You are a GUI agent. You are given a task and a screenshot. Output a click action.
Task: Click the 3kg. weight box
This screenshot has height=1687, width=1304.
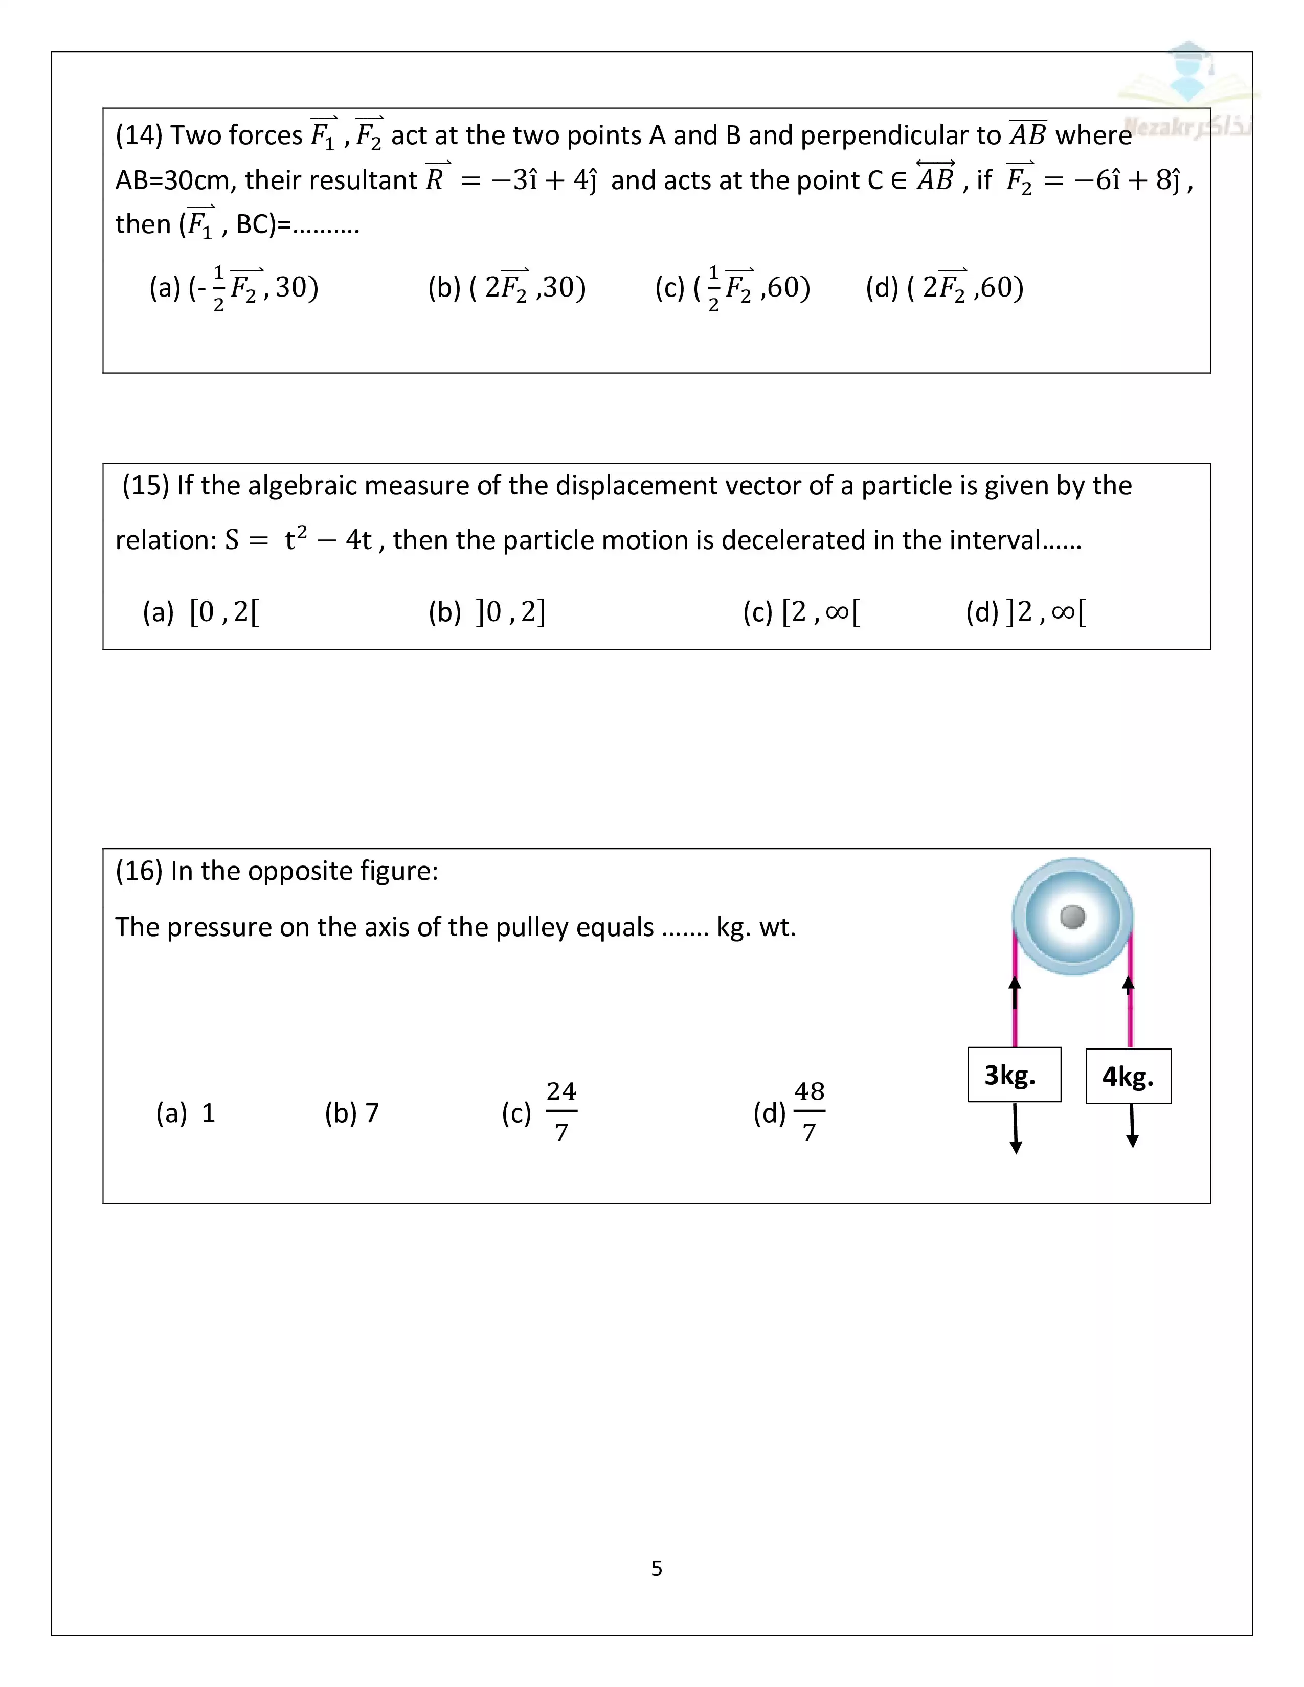click(x=1014, y=1075)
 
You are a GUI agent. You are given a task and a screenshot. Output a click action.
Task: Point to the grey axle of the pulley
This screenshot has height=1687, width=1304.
click(x=1073, y=917)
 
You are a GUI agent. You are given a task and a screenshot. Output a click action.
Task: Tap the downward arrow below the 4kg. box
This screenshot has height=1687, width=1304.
click(x=1132, y=1126)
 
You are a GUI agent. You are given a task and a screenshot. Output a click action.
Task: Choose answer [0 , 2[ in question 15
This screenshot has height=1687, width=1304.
click(x=224, y=612)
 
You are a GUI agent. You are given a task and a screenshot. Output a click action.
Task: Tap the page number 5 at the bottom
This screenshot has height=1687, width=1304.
click(x=657, y=1568)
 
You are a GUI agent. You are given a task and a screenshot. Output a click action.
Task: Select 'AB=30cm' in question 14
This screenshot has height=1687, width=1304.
click(x=175, y=180)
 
